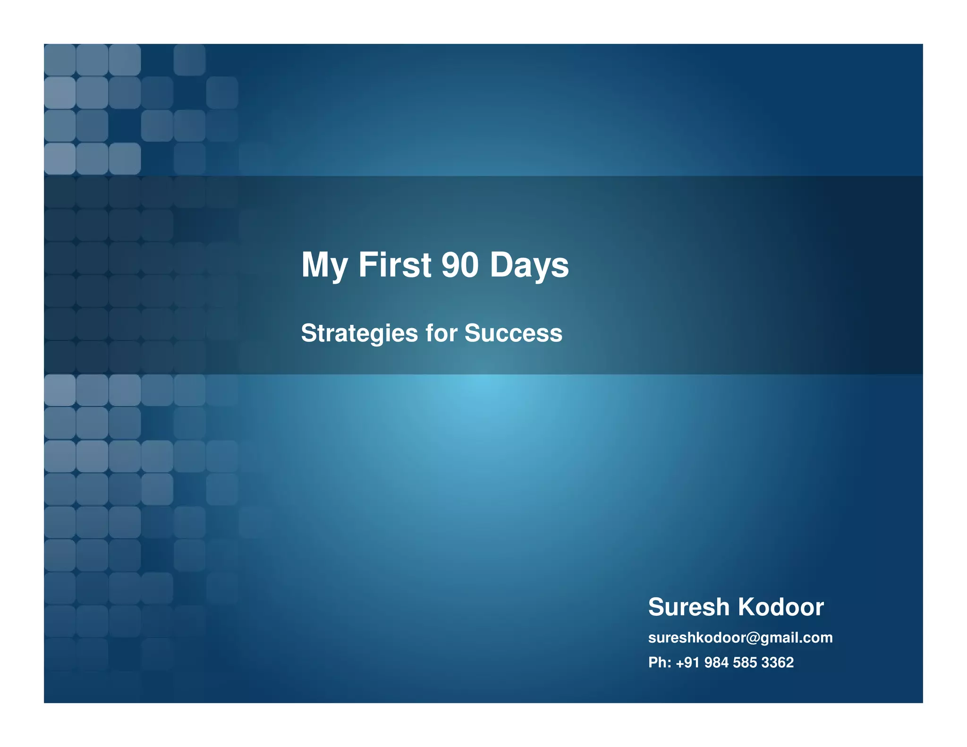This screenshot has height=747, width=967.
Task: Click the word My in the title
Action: (x=324, y=265)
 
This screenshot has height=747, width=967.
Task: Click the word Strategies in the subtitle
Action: (x=359, y=333)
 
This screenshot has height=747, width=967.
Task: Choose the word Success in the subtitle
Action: (x=513, y=333)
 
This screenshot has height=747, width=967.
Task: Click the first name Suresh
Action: (x=688, y=607)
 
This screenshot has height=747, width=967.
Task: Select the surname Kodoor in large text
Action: (x=780, y=607)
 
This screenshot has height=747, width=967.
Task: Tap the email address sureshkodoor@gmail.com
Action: (x=740, y=638)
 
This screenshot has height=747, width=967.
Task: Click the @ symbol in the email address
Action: (x=753, y=638)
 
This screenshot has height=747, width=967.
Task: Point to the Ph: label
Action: (x=660, y=662)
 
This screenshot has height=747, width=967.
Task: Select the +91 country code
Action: (x=687, y=662)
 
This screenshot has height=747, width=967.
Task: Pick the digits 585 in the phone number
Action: (x=745, y=662)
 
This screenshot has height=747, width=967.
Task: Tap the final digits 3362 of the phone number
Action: (x=777, y=662)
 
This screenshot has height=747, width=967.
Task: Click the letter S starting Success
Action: (x=472, y=333)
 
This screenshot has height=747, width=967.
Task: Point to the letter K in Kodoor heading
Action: (x=747, y=607)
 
